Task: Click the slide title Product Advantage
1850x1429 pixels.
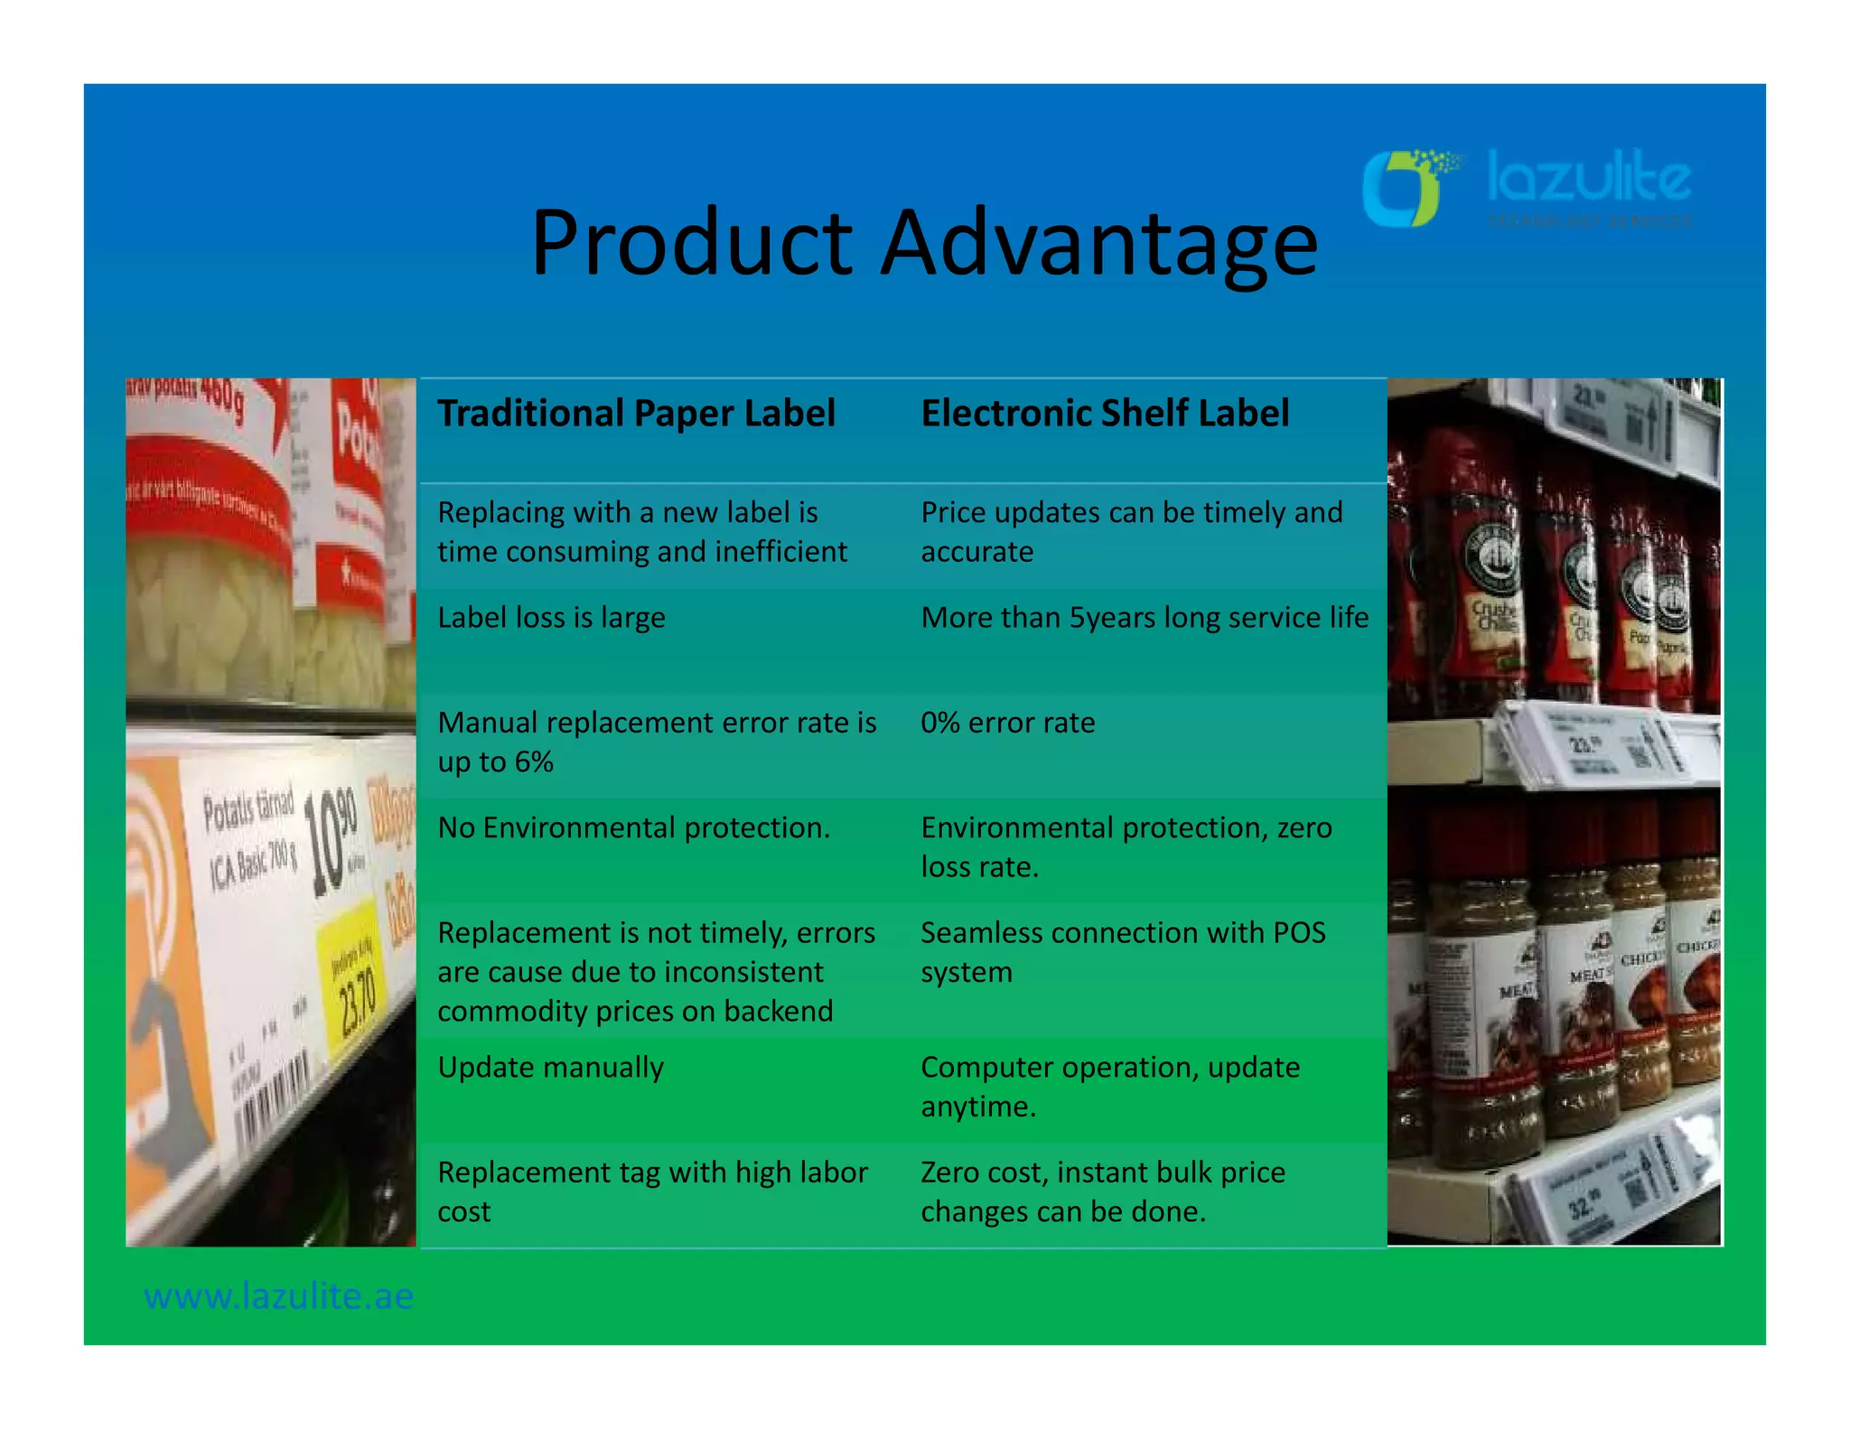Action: [923, 242]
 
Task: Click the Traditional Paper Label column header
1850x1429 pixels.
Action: [636, 414]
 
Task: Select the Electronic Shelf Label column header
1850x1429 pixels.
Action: [1104, 414]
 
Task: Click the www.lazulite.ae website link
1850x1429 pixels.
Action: [278, 1297]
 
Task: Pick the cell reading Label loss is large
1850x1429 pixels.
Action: [551, 618]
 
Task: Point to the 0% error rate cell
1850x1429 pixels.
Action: [1007, 723]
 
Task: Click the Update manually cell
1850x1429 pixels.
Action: [550, 1068]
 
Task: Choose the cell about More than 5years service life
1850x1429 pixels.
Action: [1144, 618]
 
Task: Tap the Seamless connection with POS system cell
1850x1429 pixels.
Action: [1123, 952]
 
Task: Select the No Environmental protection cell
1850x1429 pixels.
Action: [633, 827]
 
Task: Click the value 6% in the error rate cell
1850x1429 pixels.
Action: [533, 762]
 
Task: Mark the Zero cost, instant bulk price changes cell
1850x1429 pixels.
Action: [1102, 1191]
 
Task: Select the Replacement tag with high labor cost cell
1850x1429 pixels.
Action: [652, 1191]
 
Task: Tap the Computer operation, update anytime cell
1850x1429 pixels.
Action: [1110, 1087]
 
